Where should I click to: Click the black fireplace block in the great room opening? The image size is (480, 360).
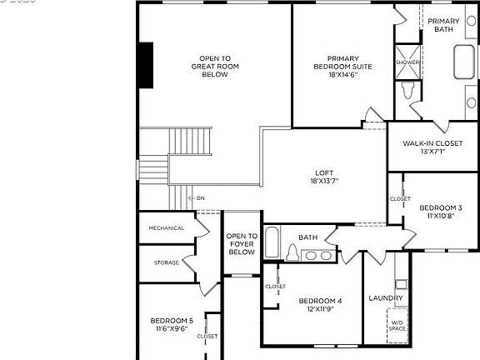[147, 64]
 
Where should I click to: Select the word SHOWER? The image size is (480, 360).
[407, 62]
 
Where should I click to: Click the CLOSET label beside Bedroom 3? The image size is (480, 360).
[400, 200]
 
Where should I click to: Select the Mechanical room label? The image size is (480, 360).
[167, 228]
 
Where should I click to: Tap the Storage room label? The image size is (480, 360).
[166, 262]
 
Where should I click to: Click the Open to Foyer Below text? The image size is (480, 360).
[242, 243]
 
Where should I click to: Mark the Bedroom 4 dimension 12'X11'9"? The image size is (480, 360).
[320, 308]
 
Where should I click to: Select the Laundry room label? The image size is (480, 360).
[385, 297]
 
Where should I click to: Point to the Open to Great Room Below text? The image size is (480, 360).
[215, 66]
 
